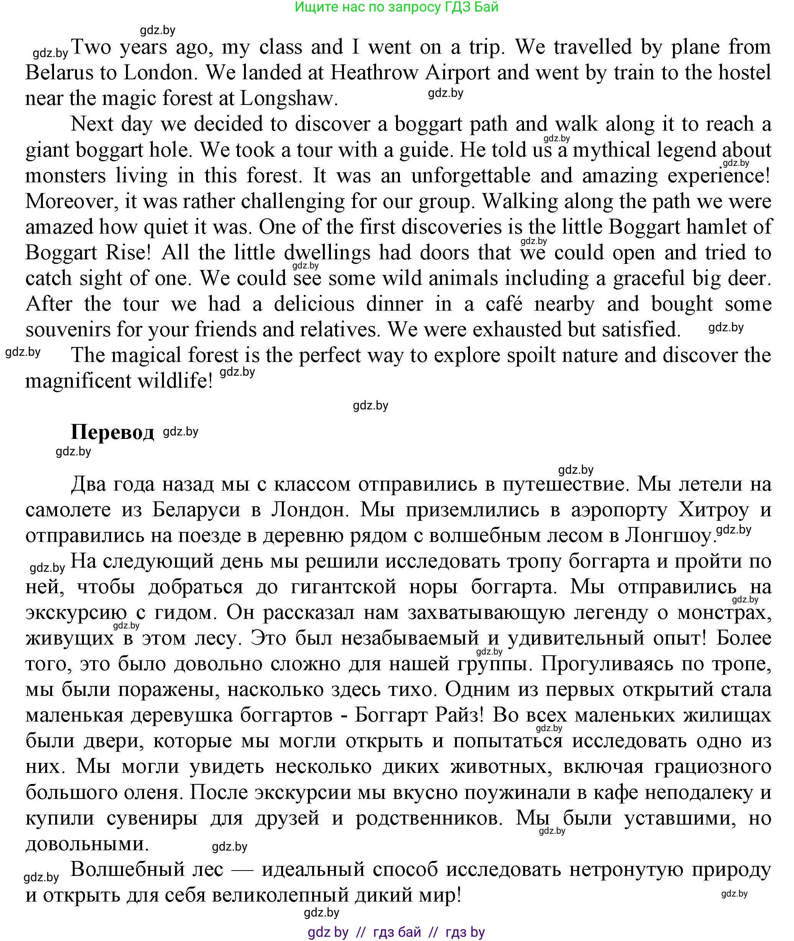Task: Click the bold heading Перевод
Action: point(112,432)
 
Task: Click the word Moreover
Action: point(72,201)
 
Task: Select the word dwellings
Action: point(327,253)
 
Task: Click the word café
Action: point(504,304)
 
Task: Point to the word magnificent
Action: point(77,381)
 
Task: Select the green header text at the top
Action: point(396,7)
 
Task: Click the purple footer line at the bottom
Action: point(396,931)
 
